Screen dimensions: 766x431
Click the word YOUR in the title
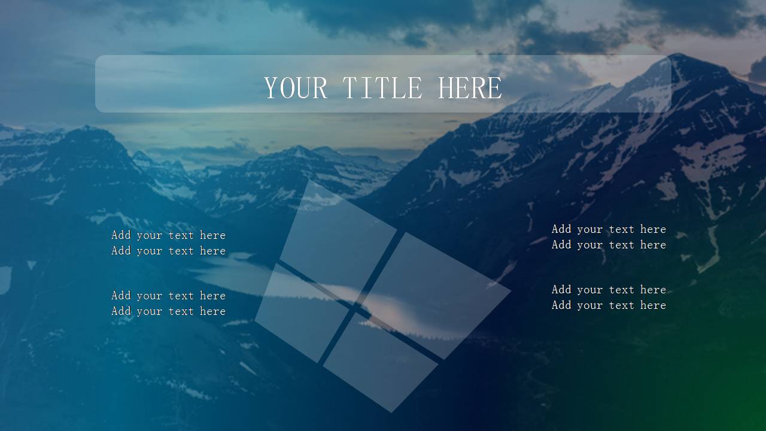coord(296,88)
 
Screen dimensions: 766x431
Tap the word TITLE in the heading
coord(382,88)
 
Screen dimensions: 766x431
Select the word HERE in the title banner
coord(470,88)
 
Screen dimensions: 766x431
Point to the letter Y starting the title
coord(271,88)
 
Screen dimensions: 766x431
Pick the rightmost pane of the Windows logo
coord(437,296)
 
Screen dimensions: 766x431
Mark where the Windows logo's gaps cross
coord(356,307)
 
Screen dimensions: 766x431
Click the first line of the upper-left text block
coord(168,235)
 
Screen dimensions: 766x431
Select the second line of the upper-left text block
coord(168,251)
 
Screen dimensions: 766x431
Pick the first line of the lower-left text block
coord(168,296)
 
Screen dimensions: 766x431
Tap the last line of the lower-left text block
coord(168,311)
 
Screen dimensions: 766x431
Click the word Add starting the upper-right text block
coord(561,229)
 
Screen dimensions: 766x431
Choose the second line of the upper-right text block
coord(609,245)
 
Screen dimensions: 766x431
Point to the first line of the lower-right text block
coord(609,290)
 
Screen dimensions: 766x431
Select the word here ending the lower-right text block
coord(653,305)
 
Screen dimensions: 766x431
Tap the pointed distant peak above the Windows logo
coord(299,147)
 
